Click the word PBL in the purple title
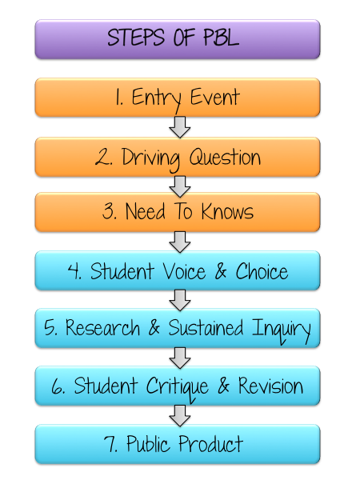(221, 38)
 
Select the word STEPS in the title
(136, 38)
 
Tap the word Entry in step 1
(156, 98)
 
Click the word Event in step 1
(214, 97)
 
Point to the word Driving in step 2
(150, 158)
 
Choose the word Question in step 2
(225, 157)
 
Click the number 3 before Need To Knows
(108, 211)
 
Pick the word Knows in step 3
(227, 211)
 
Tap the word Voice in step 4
(184, 271)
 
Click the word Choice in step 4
(262, 271)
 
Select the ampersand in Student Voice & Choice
(221, 271)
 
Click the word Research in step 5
(102, 327)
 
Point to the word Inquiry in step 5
(282, 330)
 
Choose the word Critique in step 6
(178, 387)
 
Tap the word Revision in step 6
(270, 386)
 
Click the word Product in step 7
(210, 443)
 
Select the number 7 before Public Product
(110, 444)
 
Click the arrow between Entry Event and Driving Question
(180, 127)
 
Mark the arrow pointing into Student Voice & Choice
(180, 242)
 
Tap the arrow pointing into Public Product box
(180, 416)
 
